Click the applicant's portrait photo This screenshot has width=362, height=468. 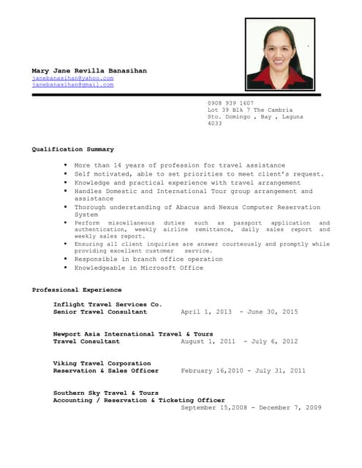pyautogui.click(x=279, y=54)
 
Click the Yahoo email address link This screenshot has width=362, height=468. pyautogui.click(x=72, y=78)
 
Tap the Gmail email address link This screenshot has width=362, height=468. pyautogui.click(x=72, y=85)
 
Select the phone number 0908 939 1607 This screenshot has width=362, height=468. pyautogui.click(x=230, y=103)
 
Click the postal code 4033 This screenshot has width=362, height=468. pyautogui.click(x=214, y=123)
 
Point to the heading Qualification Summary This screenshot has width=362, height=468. pyautogui.click(x=72, y=149)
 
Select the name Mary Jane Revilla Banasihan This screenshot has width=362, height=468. pyautogui.click(x=88, y=70)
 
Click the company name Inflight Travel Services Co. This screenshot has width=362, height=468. pyautogui.click(x=108, y=303)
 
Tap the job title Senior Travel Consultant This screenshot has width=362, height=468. pyautogui.click(x=100, y=312)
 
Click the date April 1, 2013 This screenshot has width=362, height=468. pyautogui.click(x=205, y=312)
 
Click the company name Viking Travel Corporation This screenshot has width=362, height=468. pyautogui.click(x=102, y=363)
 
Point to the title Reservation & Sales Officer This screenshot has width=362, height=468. pyautogui.click(x=105, y=371)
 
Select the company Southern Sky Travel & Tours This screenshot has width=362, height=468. pyautogui.click(x=105, y=393)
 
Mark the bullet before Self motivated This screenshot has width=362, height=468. pyautogui.click(x=65, y=174)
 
